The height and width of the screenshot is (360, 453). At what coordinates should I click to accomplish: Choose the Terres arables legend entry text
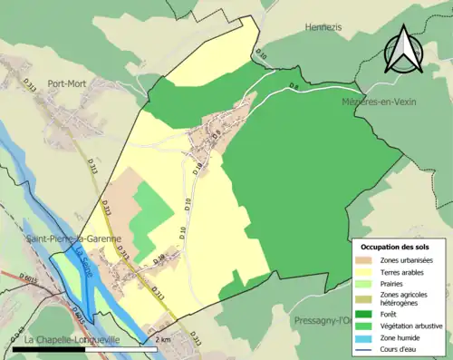click(x=405, y=271)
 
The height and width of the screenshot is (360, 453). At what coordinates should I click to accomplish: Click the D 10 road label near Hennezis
click(x=261, y=56)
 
